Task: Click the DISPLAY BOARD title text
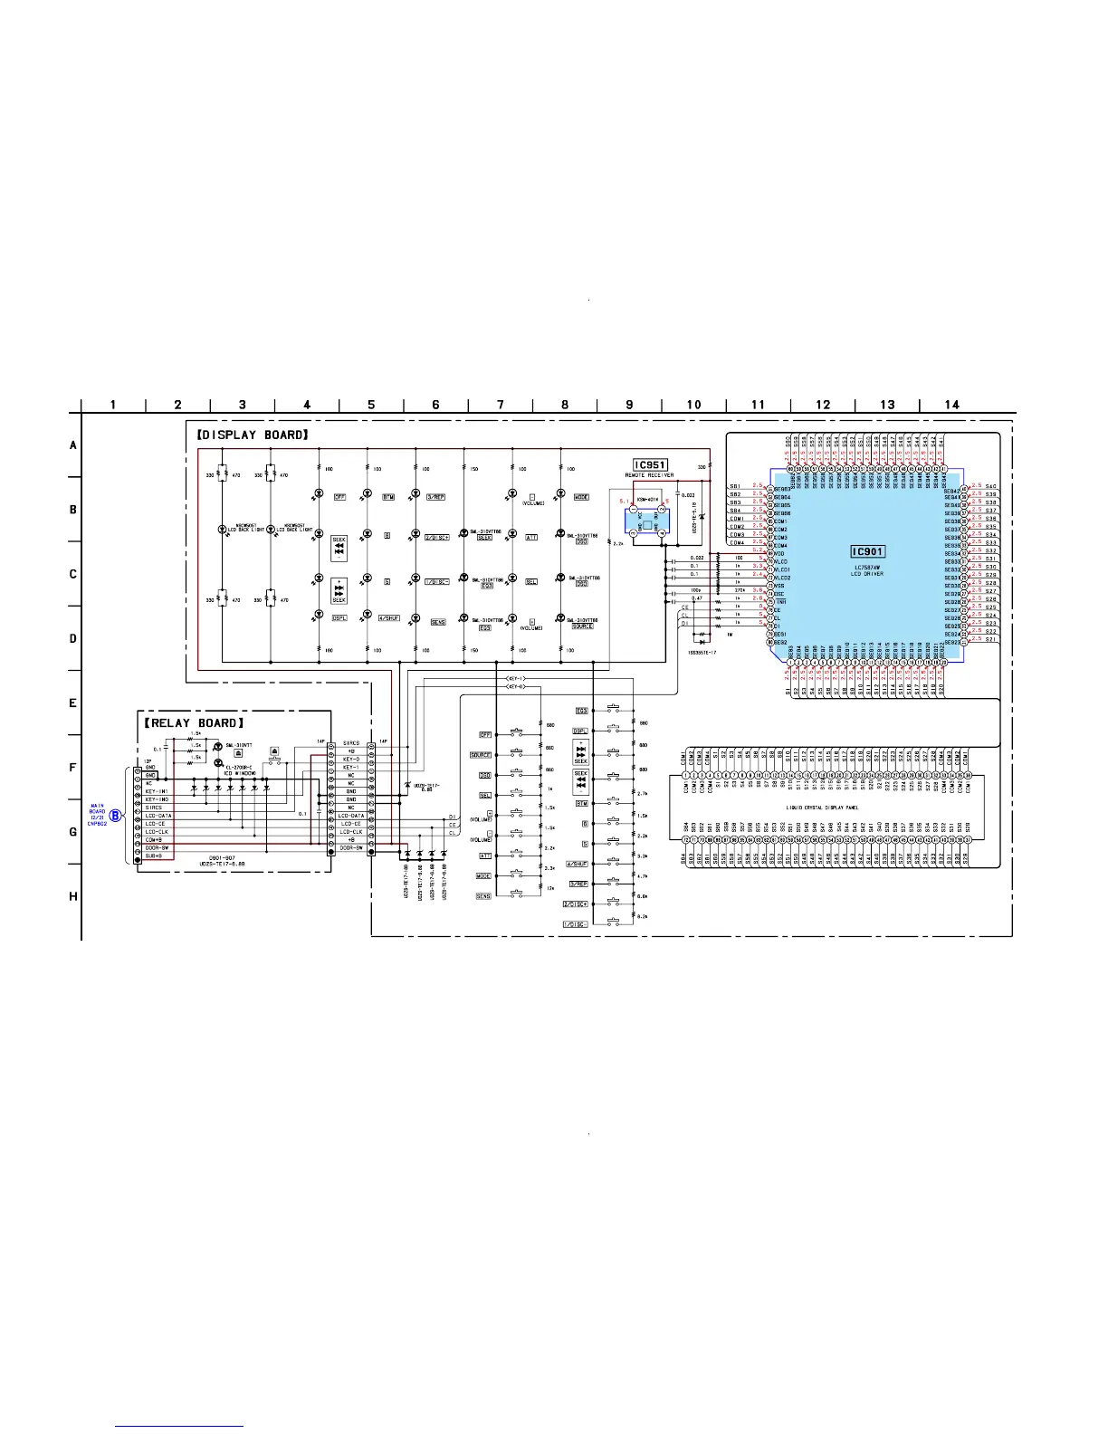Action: (x=253, y=435)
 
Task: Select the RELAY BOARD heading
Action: (x=195, y=723)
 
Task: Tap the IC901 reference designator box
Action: (x=867, y=551)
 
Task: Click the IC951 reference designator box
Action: (x=649, y=465)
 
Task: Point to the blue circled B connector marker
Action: (x=116, y=816)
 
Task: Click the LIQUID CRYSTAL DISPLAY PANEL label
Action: (x=822, y=808)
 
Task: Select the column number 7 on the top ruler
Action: (x=501, y=405)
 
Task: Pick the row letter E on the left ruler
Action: (x=73, y=703)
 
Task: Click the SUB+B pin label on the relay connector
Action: (x=154, y=856)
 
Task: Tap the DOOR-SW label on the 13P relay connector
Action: (x=158, y=847)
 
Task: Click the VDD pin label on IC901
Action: (x=779, y=554)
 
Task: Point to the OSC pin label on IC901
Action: (x=778, y=594)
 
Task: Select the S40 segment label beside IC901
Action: (x=990, y=486)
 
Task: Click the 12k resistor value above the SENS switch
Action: (x=549, y=889)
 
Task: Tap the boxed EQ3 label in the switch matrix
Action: (x=582, y=711)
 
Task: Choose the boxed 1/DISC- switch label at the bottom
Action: (x=575, y=924)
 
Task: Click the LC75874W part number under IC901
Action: (x=867, y=566)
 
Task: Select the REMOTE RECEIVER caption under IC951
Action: (x=649, y=475)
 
